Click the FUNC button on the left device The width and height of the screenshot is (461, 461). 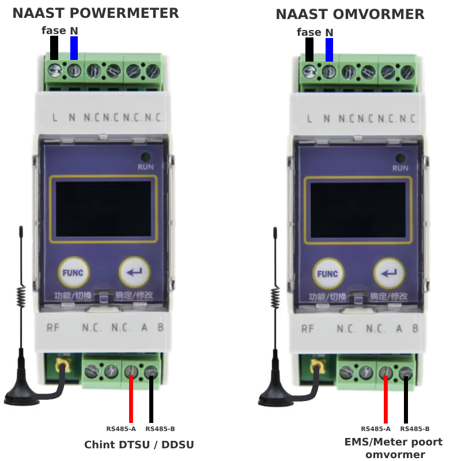click(73, 273)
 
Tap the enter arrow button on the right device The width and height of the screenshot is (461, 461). click(390, 273)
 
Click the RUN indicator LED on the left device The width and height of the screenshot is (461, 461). click(146, 157)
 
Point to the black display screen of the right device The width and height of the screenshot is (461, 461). click(358, 210)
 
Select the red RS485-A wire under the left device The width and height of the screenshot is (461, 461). click(131, 399)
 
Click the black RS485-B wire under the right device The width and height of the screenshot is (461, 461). click(406, 400)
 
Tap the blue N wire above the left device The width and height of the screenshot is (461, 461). click(74, 48)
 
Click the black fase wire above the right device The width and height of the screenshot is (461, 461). click(309, 50)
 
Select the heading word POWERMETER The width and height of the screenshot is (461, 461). click(124, 13)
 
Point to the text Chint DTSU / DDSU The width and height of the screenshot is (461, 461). click(139, 444)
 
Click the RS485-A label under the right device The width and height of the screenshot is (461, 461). click(376, 429)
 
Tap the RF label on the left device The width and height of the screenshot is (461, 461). click(53, 327)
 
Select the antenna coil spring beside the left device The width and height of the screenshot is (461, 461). click(21, 296)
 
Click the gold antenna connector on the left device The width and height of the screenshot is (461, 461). click(63, 365)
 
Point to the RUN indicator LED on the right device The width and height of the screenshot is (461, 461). click(400, 158)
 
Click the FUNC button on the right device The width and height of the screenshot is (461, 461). click(328, 274)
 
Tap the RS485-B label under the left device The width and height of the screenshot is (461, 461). click(160, 429)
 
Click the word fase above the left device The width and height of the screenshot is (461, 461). click(54, 31)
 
